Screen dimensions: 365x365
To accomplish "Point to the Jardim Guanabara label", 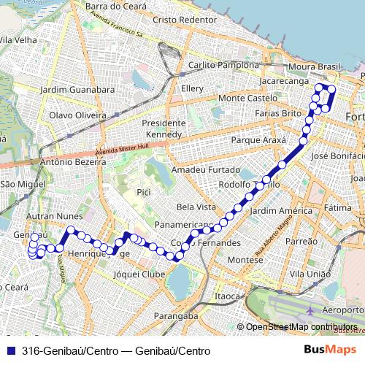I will (77, 90).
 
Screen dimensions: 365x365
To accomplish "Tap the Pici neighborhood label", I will (143, 191).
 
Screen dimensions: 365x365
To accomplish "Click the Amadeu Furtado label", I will (201, 169).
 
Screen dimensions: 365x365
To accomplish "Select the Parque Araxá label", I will (256, 139).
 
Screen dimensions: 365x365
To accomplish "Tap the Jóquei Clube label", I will (139, 274).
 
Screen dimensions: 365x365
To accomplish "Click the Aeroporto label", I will (342, 310).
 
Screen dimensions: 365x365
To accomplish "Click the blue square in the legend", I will (10, 350).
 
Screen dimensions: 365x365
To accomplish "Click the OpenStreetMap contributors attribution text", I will (301, 327).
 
